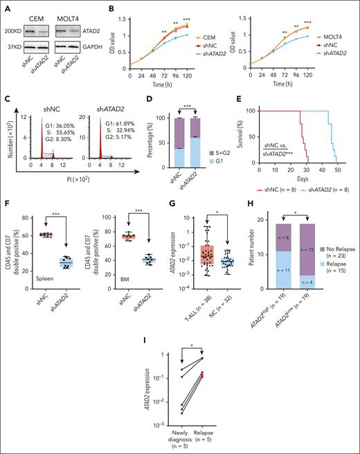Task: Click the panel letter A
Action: [x=7, y=10]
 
